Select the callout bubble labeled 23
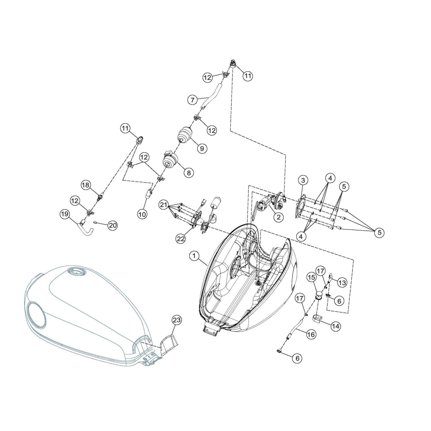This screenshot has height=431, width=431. pos(177,320)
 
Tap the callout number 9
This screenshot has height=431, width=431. pos(202,148)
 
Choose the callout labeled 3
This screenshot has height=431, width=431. pos(303,180)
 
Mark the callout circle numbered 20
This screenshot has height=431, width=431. pos(113,226)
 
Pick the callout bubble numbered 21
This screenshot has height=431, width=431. pos(164,205)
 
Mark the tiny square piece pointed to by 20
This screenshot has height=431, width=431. pos(95,222)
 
